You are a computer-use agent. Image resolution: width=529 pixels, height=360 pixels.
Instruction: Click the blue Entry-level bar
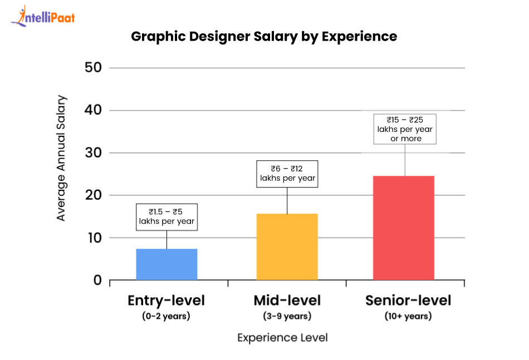(x=166, y=264)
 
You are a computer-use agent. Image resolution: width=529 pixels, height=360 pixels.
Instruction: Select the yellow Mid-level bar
(x=287, y=246)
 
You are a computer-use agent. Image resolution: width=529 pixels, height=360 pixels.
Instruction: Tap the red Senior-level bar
(x=403, y=228)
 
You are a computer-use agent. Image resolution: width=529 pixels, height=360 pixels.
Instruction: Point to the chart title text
(x=264, y=37)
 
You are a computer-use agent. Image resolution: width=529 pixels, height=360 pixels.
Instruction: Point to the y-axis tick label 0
(x=97, y=280)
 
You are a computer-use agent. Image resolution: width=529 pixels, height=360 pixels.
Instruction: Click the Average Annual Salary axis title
(x=61, y=159)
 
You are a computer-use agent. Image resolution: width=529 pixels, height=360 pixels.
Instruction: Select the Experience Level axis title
(x=282, y=338)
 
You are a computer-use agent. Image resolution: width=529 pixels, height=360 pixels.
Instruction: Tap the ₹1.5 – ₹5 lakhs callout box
(x=166, y=217)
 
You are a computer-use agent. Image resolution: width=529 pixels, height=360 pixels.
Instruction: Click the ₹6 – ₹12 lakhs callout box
(x=287, y=174)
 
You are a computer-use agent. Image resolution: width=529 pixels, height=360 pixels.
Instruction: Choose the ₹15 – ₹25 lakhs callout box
(x=405, y=129)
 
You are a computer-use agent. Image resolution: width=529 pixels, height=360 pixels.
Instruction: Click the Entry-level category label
(x=166, y=301)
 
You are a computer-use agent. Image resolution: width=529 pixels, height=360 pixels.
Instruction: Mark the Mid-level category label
(x=287, y=301)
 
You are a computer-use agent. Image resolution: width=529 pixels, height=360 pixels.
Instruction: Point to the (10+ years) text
(x=408, y=317)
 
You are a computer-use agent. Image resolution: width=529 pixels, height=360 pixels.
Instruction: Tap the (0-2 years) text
(x=166, y=317)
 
